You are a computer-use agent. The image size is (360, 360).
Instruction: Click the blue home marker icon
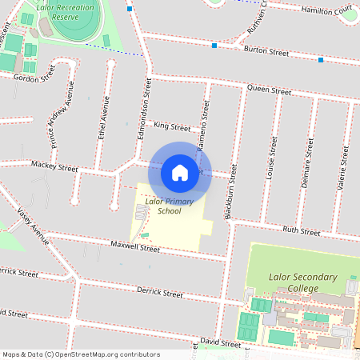[180, 172]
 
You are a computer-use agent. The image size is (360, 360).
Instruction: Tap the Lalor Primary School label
[163, 206]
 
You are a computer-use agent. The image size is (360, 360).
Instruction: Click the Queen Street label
[269, 90]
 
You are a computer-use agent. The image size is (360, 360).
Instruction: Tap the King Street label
[172, 126]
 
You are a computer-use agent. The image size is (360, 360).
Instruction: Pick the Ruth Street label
[302, 232]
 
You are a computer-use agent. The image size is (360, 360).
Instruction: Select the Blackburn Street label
[232, 192]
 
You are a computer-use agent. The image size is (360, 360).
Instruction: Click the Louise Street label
[272, 157]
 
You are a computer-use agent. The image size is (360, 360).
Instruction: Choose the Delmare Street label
[306, 162]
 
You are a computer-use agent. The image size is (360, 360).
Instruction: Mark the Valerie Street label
[342, 166]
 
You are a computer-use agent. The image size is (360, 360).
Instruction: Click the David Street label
[220, 344]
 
